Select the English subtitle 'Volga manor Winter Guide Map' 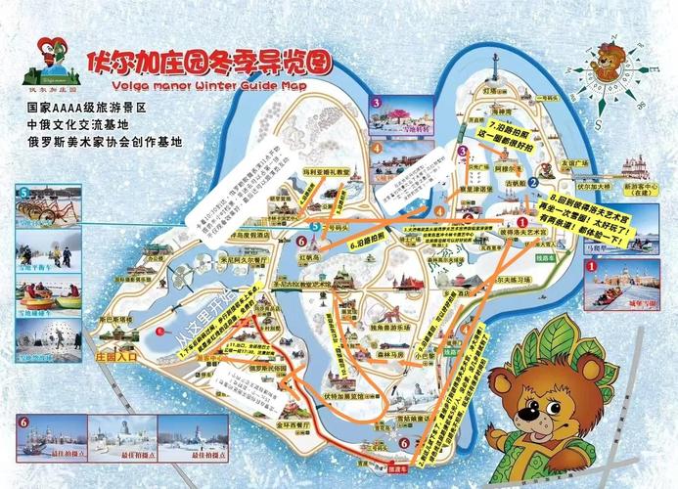coord(197,85)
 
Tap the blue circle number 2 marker coord(534,181)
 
